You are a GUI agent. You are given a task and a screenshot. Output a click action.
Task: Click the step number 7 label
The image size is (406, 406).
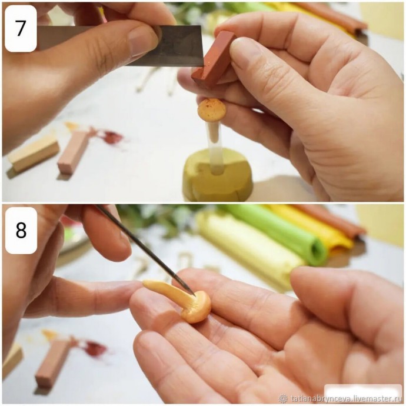tap(21, 28)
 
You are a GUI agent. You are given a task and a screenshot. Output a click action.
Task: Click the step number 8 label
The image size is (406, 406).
tap(21, 231)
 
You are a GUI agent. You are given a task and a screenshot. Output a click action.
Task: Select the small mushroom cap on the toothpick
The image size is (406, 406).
tap(212, 110)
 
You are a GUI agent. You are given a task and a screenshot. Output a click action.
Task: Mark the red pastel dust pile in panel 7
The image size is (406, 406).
tap(112, 137)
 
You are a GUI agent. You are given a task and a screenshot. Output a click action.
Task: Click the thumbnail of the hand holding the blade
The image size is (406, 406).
tap(143, 40)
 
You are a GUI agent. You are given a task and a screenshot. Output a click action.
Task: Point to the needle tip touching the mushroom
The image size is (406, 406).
tap(194, 295)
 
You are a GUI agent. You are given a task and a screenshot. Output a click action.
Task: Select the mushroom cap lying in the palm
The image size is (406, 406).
tap(198, 307)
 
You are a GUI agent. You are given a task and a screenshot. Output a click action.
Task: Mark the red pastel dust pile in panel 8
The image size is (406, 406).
tap(95, 348)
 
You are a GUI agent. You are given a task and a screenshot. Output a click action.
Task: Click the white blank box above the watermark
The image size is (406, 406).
tap(363, 390)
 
